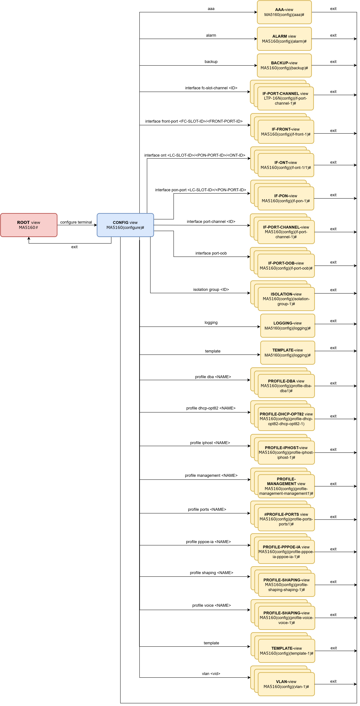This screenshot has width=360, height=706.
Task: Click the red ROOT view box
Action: (29, 225)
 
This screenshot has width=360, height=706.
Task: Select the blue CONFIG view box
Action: (125, 225)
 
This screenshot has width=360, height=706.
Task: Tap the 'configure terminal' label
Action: (76, 222)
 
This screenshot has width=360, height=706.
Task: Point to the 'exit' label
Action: (74, 247)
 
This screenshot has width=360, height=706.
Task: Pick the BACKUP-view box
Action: (284, 65)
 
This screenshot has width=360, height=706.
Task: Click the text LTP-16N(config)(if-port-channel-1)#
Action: (285, 101)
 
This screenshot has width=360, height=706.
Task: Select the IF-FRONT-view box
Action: (286, 132)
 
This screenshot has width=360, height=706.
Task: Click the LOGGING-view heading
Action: (287, 323)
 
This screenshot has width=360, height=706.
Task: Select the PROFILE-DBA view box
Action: (286, 386)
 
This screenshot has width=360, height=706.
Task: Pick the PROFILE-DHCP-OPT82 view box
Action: (286, 419)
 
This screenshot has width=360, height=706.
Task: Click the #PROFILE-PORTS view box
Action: (286, 519)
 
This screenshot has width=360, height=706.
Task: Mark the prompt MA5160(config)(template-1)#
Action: (287, 653)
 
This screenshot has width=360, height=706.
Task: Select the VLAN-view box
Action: (286, 684)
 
